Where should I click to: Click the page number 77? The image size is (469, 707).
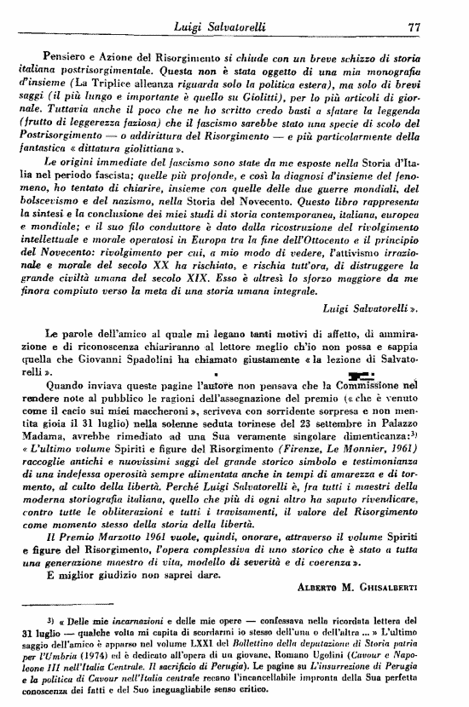coord(415,27)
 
